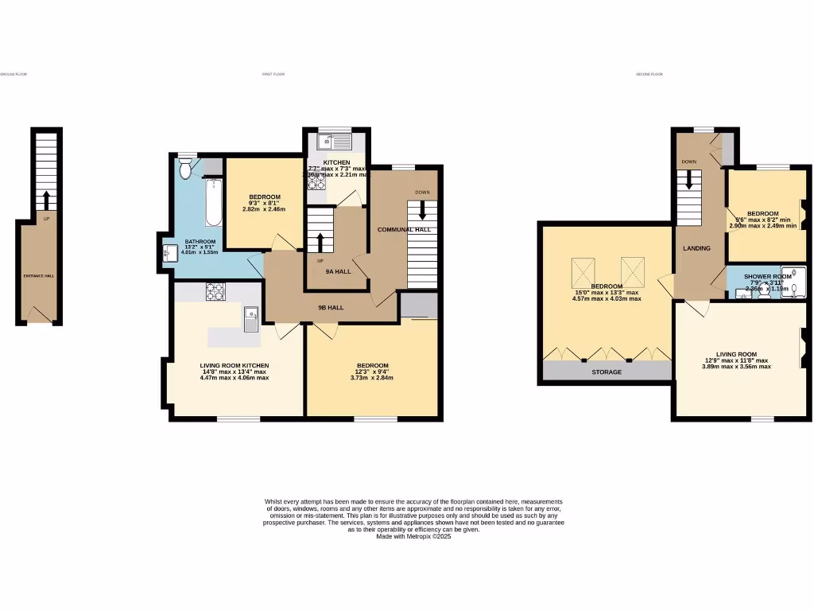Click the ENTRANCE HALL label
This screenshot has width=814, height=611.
[x=38, y=276]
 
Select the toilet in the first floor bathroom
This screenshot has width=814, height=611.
[x=186, y=168]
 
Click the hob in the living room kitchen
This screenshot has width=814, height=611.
[x=215, y=292]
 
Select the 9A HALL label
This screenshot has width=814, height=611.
[x=338, y=271]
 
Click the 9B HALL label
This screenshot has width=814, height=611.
[x=331, y=307]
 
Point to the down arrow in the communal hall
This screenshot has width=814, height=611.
[x=421, y=210]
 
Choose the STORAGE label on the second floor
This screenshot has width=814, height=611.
[x=606, y=372]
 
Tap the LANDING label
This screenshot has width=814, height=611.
[x=696, y=248]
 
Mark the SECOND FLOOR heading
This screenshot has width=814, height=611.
[x=649, y=74]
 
